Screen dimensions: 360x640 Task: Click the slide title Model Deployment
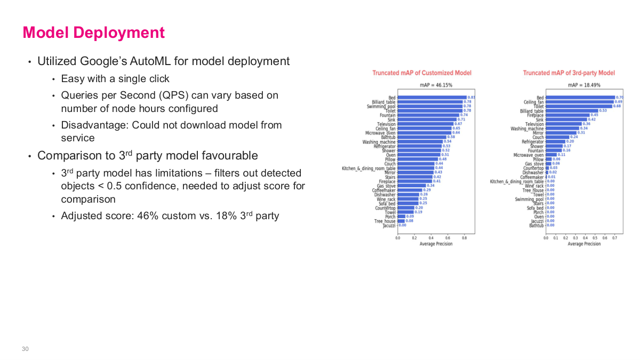(x=93, y=33)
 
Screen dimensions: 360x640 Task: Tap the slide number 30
(x=25, y=349)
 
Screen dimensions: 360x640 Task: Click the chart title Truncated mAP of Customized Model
(x=421, y=73)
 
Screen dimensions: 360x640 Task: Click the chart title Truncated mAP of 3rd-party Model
(x=569, y=73)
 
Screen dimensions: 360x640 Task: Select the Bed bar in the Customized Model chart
(x=431, y=98)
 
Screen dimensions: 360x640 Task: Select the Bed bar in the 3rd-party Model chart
(x=580, y=98)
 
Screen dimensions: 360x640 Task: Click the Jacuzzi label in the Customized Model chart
(x=389, y=226)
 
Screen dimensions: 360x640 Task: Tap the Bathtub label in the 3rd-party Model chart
(x=536, y=226)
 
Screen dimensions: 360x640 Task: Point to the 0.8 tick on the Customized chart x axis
(x=465, y=238)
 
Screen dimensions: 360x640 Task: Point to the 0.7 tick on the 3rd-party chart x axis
(x=614, y=238)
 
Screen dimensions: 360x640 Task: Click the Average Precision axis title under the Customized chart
(x=436, y=244)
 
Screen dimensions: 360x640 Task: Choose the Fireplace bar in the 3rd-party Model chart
(x=567, y=115)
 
